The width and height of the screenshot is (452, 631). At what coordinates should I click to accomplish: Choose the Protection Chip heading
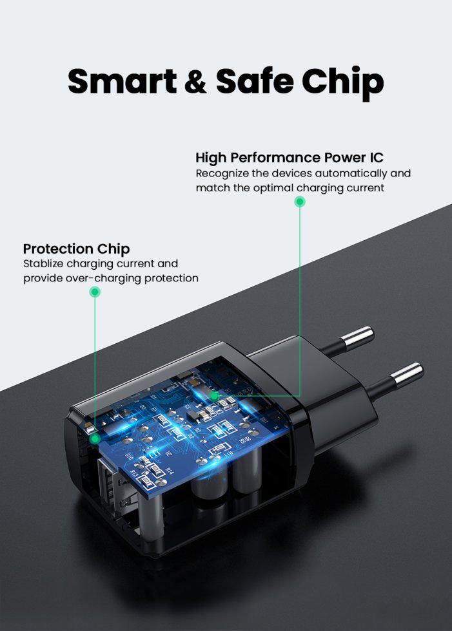pyautogui.click(x=76, y=249)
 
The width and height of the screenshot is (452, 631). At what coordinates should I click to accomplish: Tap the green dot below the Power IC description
pyautogui.click(x=300, y=202)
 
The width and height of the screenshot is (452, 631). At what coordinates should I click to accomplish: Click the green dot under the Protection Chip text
pyautogui.click(x=95, y=292)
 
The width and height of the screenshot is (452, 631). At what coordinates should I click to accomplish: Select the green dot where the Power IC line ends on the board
pyautogui.click(x=214, y=396)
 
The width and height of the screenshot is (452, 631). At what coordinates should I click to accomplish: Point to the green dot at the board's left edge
pyautogui.click(x=95, y=439)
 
